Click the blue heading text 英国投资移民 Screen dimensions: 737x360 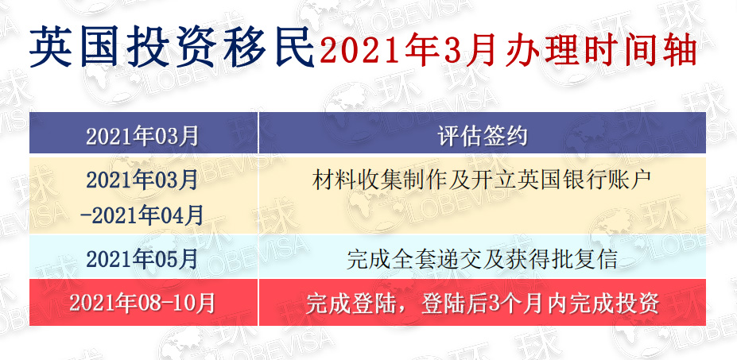pyautogui.click(x=172, y=48)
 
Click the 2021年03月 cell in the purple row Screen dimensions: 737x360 pyautogui.click(x=142, y=136)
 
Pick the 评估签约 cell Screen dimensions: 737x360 pyautogui.click(x=483, y=136)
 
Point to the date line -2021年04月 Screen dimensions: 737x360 pyautogui.click(x=142, y=215)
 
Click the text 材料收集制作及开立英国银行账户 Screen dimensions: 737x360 pyautogui.click(x=483, y=180)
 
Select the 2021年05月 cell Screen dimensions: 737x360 pyautogui.click(x=142, y=259)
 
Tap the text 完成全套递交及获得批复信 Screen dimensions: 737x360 pyautogui.click(x=483, y=259)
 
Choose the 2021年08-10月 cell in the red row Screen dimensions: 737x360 pyautogui.click(x=142, y=303)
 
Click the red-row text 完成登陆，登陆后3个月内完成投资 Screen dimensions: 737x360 pyautogui.click(x=483, y=303)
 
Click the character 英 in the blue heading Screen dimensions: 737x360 pyautogui.click(x=51, y=48)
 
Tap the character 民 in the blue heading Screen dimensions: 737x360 pyautogui.click(x=293, y=48)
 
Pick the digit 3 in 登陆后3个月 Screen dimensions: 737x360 pyautogui.click(x=493, y=304)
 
